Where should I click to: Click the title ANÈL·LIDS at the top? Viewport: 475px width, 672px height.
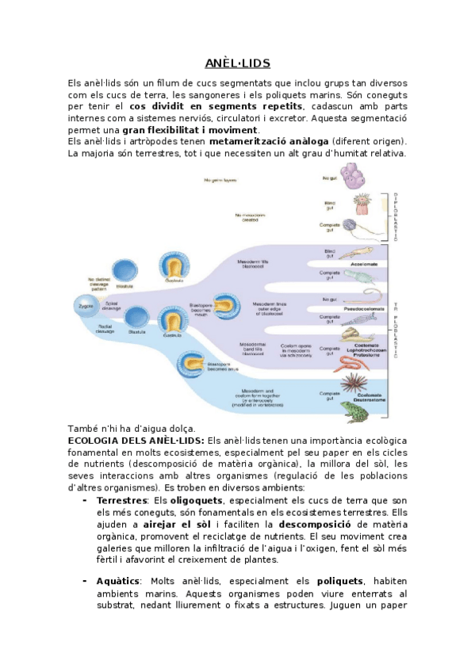(x=237, y=63)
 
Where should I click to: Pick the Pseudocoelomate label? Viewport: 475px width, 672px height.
(x=366, y=307)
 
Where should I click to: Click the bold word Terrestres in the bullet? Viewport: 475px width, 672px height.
(x=121, y=501)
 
